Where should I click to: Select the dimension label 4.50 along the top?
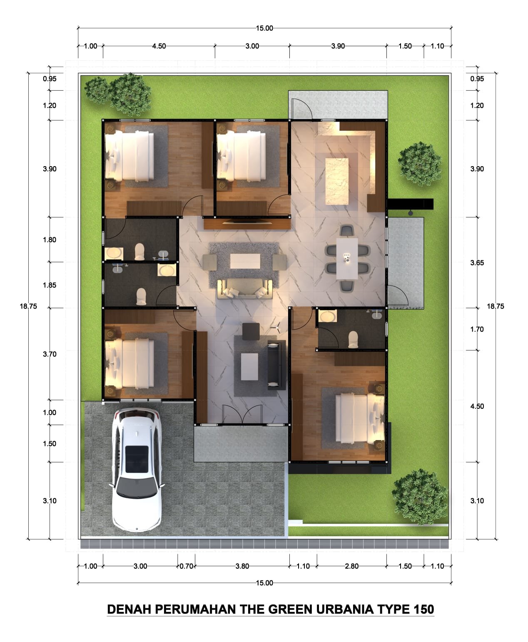(159, 46)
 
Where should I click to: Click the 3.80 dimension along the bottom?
(242, 566)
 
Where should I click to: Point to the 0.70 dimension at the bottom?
(187, 566)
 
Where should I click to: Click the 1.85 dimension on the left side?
(50, 285)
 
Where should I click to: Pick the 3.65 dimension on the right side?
(477, 263)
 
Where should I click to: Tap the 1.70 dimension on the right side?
(477, 329)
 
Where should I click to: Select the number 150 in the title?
(423, 609)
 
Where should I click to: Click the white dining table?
(347, 259)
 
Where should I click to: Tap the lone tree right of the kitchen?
(420, 164)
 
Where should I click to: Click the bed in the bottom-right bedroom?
(360, 418)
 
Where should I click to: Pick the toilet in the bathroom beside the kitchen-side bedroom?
(353, 339)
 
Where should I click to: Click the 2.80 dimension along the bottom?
(352, 566)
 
